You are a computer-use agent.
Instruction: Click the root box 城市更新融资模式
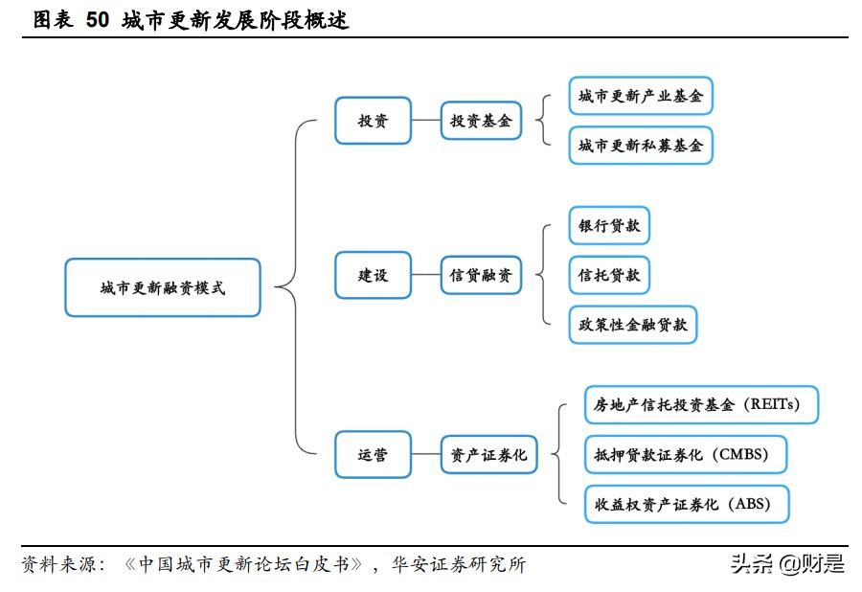(x=163, y=287)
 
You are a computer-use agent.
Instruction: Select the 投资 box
(x=373, y=121)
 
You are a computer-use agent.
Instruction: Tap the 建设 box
(x=373, y=275)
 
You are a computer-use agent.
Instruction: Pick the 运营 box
(x=373, y=455)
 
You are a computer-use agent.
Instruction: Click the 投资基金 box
(x=481, y=121)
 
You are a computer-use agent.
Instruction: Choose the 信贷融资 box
(x=481, y=275)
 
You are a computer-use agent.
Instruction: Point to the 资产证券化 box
(x=488, y=455)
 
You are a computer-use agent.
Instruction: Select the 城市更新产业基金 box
(x=640, y=96)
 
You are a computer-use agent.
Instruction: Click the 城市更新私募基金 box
(x=640, y=146)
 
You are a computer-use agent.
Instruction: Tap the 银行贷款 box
(x=609, y=227)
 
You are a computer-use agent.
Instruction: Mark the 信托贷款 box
(x=609, y=276)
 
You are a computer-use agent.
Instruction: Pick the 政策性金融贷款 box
(x=633, y=325)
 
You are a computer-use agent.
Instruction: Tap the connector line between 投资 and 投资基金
(x=425, y=121)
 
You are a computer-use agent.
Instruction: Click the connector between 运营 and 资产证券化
(x=425, y=455)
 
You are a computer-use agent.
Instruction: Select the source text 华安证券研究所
(x=458, y=564)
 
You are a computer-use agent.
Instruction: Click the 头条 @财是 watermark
(x=787, y=564)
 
